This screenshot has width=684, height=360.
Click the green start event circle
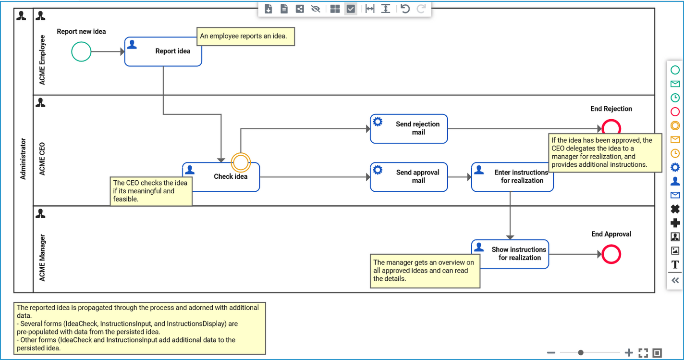point(81,51)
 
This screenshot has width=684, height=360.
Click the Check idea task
point(226,183)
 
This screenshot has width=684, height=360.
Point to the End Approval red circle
point(611,254)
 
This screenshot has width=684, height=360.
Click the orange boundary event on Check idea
point(240,162)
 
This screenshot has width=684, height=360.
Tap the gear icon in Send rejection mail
point(378,122)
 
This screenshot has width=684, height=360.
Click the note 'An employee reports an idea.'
point(245,36)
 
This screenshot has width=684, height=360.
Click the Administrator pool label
point(23,159)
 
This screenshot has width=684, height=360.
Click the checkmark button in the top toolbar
point(351,9)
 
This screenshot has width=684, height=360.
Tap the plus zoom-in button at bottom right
point(629,353)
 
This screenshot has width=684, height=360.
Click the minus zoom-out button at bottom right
point(551,353)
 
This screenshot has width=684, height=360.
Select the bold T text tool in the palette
point(675,264)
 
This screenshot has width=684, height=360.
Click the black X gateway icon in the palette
point(675,209)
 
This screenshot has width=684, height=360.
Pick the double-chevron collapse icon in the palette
point(675,280)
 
